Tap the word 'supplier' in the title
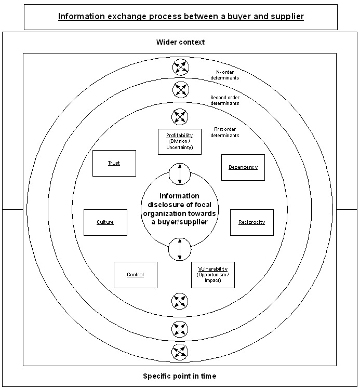[286, 17]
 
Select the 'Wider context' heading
[180, 42]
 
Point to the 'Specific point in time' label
[180, 376]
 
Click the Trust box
[114, 163]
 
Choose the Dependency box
[243, 167]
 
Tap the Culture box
[105, 222]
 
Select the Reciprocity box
[251, 222]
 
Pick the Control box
[135, 275]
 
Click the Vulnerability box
[213, 274]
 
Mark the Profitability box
[180, 141]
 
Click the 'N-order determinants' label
[225, 75]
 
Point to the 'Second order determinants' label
[225, 100]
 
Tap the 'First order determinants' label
[225, 132]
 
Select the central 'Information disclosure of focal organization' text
[180, 208]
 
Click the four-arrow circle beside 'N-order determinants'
[180, 66]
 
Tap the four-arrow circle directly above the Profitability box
[180, 116]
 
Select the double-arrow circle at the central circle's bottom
[180, 249]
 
